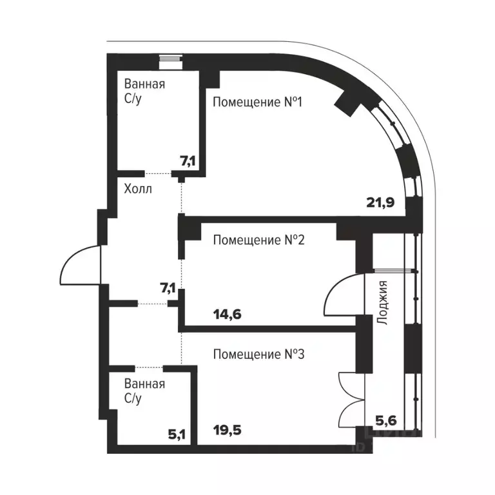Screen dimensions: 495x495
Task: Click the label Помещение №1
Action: (258, 102)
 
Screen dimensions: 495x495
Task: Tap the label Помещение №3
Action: (258, 354)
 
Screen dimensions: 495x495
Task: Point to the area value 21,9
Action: (381, 202)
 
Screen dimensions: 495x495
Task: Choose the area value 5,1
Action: (177, 433)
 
